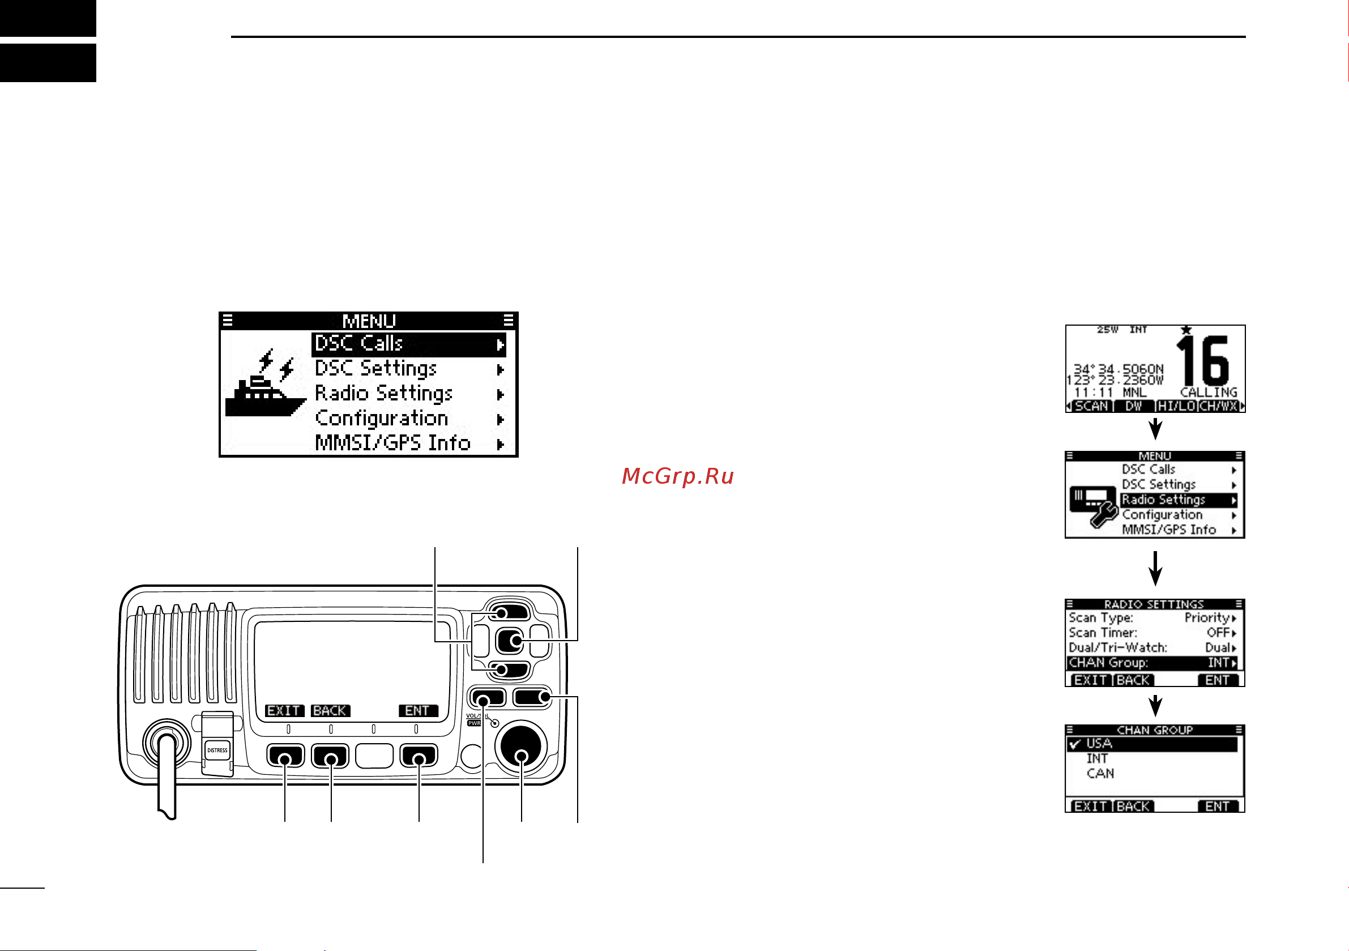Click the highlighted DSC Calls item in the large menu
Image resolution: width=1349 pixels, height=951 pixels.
[x=408, y=344]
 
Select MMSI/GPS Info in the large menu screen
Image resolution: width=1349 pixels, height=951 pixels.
[x=392, y=443]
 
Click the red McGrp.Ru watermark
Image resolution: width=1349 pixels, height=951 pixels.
[x=677, y=476]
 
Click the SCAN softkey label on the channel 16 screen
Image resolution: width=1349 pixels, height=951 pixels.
[x=1091, y=406]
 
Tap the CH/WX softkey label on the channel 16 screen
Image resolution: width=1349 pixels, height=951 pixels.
[x=1219, y=406]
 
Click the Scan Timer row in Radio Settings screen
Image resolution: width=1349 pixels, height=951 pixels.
[x=1151, y=633]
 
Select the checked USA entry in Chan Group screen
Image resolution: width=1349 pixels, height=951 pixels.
[x=1151, y=744]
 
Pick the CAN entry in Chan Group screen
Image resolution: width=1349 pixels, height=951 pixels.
[x=1100, y=774]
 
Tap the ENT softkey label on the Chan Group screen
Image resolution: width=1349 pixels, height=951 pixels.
[x=1217, y=807]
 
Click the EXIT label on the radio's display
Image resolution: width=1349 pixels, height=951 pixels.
[x=284, y=711]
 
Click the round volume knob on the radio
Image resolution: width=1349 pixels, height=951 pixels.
[x=521, y=747]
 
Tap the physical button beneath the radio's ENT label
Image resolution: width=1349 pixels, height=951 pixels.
[x=419, y=755]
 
